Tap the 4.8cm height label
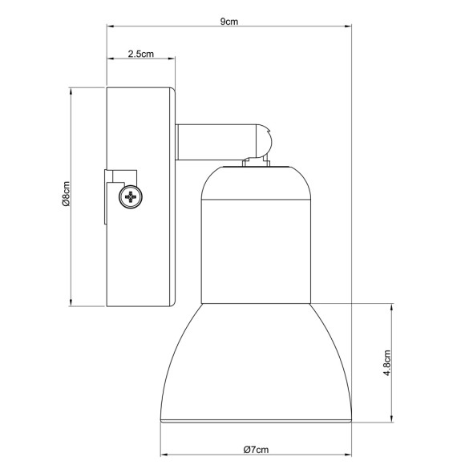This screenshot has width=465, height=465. (387, 362)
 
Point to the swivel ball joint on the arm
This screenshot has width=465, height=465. (265, 143)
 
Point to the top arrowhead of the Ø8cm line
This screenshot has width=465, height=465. (72, 91)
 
